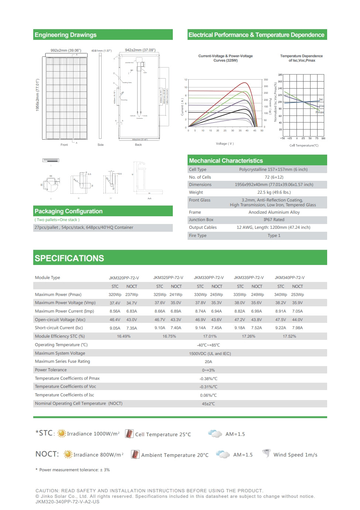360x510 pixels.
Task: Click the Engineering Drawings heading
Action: click(x=65, y=35)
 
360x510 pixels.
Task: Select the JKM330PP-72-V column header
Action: click(x=209, y=278)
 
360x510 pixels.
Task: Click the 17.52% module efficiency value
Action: click(x=289, y=336)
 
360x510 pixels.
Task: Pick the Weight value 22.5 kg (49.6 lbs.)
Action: click(x=274, y=192)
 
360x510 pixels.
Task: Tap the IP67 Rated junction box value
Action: click(x=274, y=220)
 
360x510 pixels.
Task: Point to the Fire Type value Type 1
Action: click(x=274, y=235)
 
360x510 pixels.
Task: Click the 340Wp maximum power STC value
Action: click(x=281, y=294)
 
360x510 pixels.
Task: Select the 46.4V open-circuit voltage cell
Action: click(x=115, y=320)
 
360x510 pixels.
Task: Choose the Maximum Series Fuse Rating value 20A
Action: click(x=208, y=362)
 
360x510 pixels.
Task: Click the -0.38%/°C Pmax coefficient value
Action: click(x=208, y=379)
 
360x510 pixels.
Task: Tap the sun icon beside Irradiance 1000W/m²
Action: click(x=62, y=434)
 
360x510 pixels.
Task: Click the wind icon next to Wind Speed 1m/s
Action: click(x=266, y=454)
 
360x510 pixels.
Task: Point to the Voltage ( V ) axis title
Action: click(x=225, y=144)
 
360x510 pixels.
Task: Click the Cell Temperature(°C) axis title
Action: click(x=304, y=145)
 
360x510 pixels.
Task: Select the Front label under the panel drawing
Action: click(x=64, y=145)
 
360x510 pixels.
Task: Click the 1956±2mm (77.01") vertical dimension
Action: click(x=37, y=95)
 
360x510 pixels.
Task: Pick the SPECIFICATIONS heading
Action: click(x=69, y=258)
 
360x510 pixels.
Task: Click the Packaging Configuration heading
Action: click(x=69, y=211)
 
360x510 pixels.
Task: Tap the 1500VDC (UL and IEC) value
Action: click(x=210, y=354)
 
